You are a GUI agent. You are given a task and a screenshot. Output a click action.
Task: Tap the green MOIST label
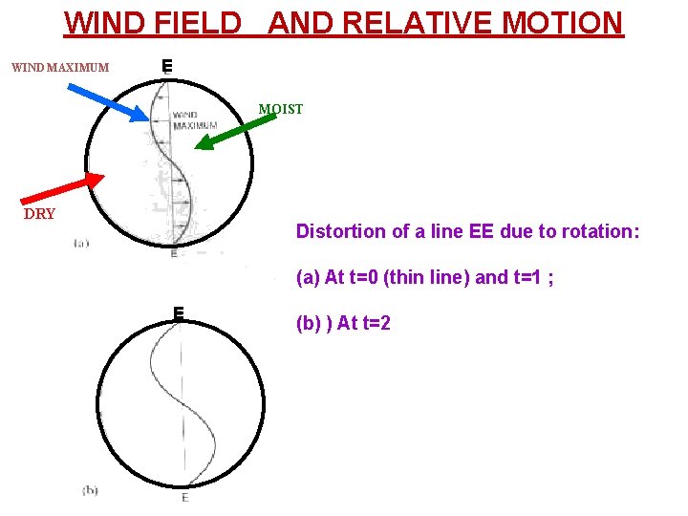pyautogui.click(x=280, y=109)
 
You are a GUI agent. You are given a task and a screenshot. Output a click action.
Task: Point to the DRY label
pyautogui.click(x=39, y=214)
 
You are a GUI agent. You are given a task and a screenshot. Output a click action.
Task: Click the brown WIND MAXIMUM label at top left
pyautogui.click(x=59, y=68)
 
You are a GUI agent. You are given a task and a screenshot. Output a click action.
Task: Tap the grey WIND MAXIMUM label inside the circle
pyautogui.click(x=195, y=120)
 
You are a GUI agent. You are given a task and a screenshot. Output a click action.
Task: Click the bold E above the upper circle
pyautogui.click(x=166, y=66)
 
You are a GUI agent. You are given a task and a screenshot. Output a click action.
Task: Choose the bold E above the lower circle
pyautogui.click(x=178, y=312)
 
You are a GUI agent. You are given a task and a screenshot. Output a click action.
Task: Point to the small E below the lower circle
pyautogui.click(x=184, y=498)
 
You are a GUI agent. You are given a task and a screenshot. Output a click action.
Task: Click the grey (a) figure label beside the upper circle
pyautogui.click(x=81, y=243)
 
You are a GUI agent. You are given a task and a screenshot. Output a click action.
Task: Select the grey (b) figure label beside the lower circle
pyautogui.click(x=90, y=490)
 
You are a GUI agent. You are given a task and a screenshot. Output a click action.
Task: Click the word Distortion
pyautogui.click(x=336, y=231)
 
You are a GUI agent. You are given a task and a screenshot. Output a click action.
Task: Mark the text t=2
pyautogui.click(x=371, y=323)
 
